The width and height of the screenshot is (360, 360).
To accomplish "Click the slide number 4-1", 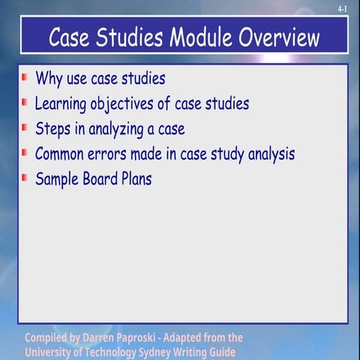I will click(x=343, y=9).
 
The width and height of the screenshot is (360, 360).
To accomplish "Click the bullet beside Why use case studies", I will click(x=25, y=77).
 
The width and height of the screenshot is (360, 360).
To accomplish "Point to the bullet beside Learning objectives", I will click(x=25, y=102).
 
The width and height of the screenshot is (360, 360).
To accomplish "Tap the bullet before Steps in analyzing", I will click(x=25, y=127).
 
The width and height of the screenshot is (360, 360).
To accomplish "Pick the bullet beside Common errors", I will click(x=25, y=153).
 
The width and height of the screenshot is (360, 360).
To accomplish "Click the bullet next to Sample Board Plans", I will click(x=25, y=178).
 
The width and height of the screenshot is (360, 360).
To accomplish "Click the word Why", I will click(x=49, y=79).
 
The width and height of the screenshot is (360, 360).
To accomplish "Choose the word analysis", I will click(x=267, y=154).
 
